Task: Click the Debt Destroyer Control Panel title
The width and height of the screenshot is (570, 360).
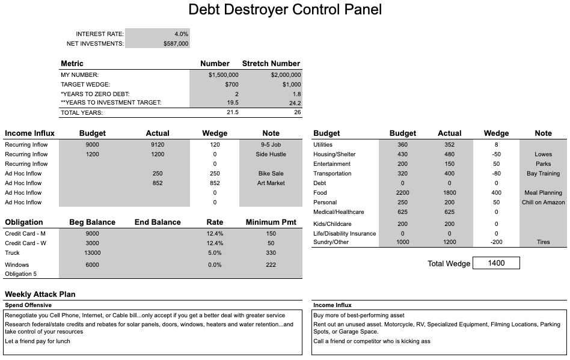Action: click(285, 10)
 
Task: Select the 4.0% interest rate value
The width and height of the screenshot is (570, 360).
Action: click(181, 34)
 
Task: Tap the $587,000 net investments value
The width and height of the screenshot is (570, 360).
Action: click(176, 44)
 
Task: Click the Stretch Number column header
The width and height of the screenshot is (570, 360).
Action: click(271, 64)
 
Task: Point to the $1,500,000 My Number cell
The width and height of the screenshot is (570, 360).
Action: click(224, 75)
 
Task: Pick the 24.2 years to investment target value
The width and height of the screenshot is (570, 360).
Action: click(295, 103)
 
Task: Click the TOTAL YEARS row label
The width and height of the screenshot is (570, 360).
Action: click(82, 112)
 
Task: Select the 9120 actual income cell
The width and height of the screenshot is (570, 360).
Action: click(158, 145)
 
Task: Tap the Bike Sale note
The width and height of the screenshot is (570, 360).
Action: click(271, 174)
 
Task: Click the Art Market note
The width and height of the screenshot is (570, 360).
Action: click(271, 183)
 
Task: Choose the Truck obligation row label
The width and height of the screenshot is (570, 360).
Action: click(13, 253)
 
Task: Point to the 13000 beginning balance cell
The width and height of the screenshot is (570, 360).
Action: click(93, 253)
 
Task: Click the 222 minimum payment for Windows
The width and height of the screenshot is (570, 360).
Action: click(271, 265)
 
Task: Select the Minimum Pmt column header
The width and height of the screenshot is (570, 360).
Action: click(271, 222)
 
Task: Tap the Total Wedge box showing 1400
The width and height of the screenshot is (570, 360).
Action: click(496, 263)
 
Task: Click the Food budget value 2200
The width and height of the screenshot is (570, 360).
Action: click(402, 193)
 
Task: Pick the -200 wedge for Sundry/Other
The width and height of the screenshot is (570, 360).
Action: click(496, 242)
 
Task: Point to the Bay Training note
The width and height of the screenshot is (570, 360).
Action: click(543, 174)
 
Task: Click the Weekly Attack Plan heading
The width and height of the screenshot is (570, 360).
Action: click(40, 294)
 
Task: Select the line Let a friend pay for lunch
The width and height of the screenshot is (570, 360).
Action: click(37, 341)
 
